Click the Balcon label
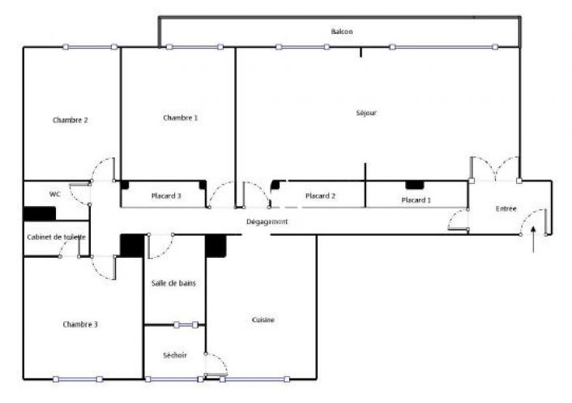click(x=342, y=32)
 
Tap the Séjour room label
click(x=366, y=114)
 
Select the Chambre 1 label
click(x=180, y=118)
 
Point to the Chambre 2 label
click(x=70, y=120)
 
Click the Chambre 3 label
click(x=80, y=324)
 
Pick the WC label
click(x=55, y=195)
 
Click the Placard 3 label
click(x=166, y=195)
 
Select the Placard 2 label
click(x=321, y=196)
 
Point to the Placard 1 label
click(x=416, y=199)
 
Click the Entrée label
click(x=506, y=209)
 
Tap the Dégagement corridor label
click(x=267, y=221)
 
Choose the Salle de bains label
click(x=173, y=283)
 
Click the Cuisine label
click(x=263, y=319)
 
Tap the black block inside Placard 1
click(x=414, y=186)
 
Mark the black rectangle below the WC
click(x=39, y=214)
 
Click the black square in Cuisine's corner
click(x=215, y=247)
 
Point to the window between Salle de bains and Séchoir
click(x=186, y=325)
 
